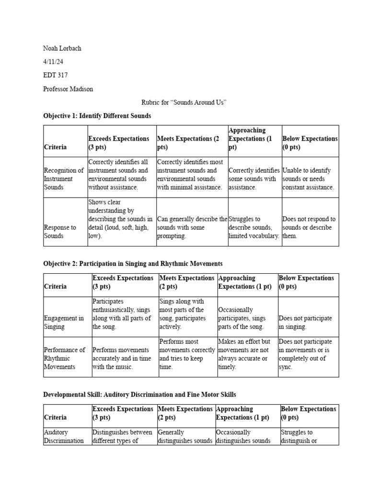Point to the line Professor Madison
68,89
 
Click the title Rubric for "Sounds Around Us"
184,103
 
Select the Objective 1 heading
97,116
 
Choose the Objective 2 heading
133,264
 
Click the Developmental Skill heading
139,395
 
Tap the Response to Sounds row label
60,232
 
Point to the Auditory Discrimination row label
64,436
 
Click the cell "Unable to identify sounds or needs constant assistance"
309,179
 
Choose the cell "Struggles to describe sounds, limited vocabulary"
253,227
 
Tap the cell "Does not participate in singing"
305,322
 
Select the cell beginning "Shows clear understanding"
120,219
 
